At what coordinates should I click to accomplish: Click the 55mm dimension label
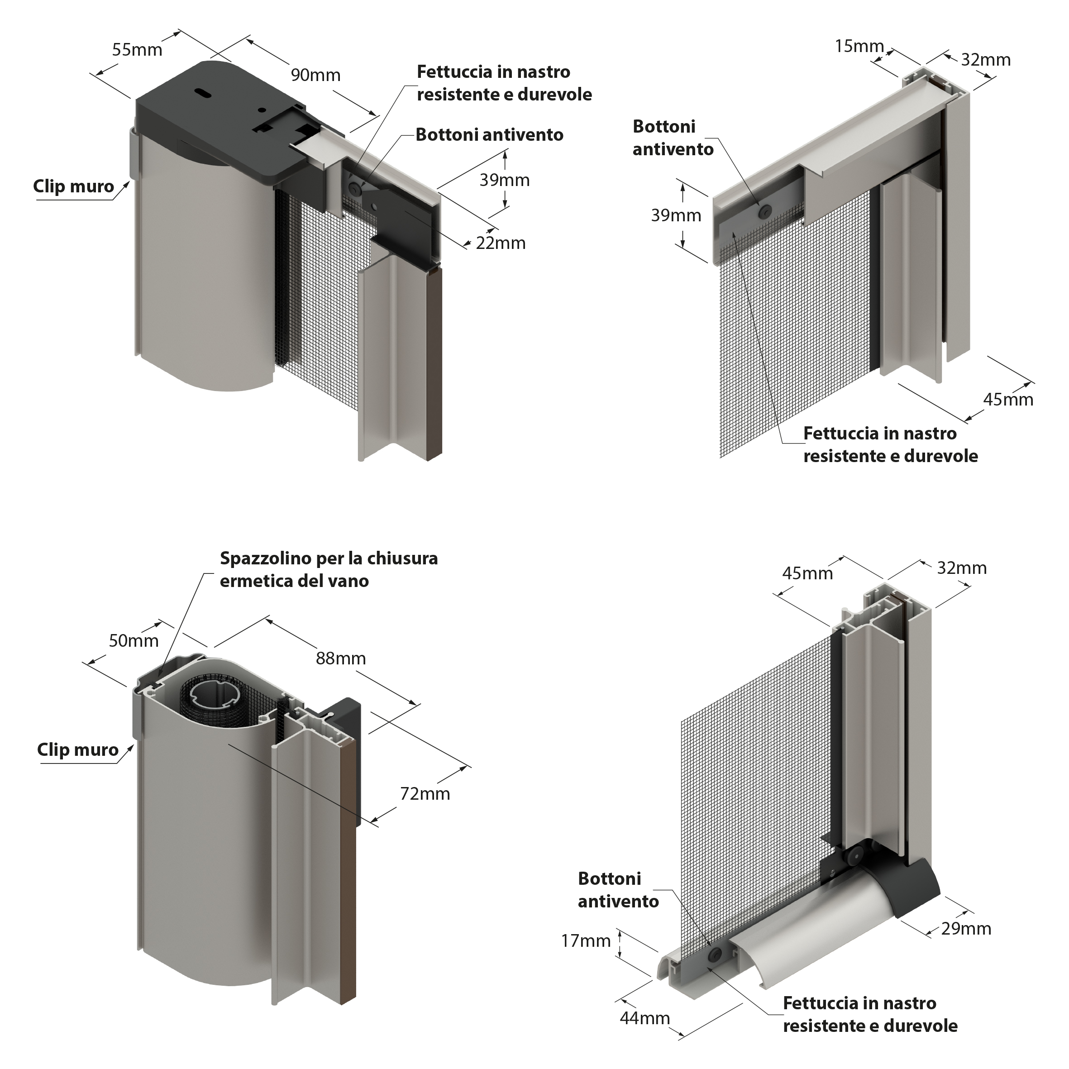pos(137,50)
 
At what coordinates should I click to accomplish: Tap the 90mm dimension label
pos(315,75)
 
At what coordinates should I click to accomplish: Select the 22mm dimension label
pos(500,243)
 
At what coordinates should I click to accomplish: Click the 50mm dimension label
pos(134,641)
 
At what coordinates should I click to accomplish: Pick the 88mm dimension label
pos(341,659)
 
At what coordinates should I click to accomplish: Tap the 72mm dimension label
pos(425,794)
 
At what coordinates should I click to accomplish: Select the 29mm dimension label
pos(966,928)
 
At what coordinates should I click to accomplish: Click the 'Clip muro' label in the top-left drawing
pos(74,186)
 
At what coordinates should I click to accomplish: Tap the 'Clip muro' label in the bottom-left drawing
pos(77,750)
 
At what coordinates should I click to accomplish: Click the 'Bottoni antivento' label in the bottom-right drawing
pos(618,890)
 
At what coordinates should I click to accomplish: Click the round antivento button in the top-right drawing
pos(766,210)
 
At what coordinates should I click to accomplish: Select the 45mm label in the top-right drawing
pos(1008,400)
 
